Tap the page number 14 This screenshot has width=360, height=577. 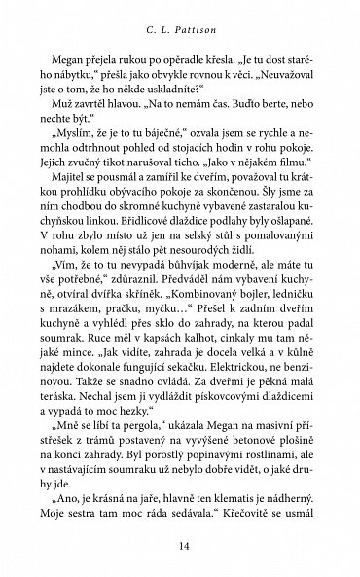click(x=180, y=547)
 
